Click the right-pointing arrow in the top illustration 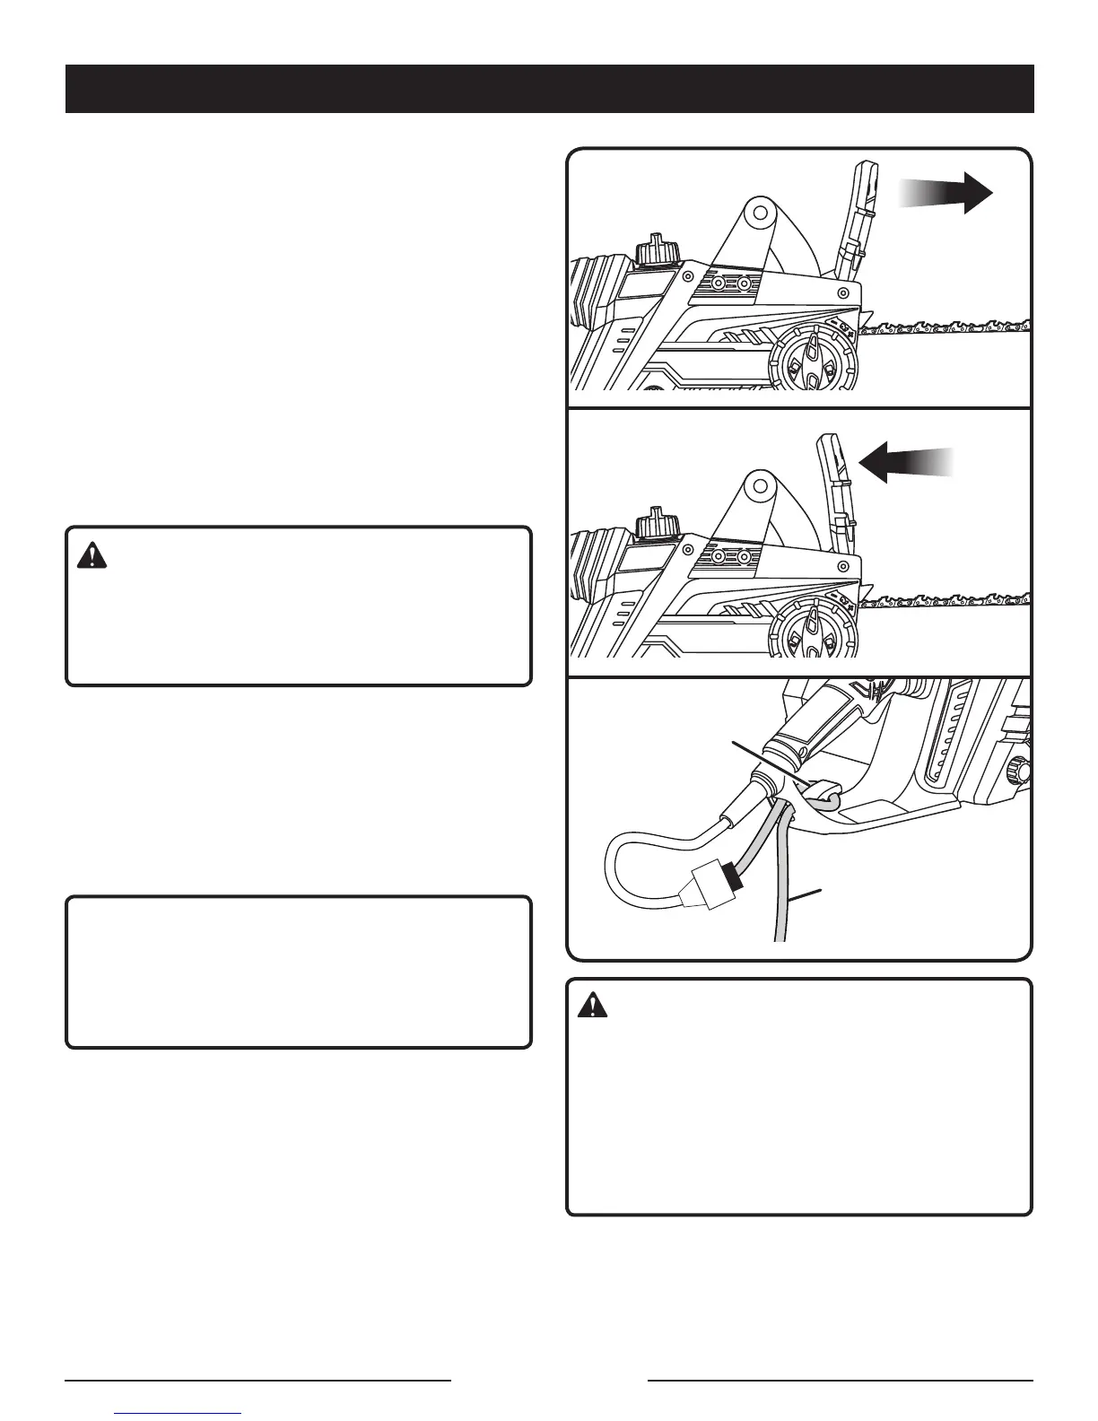click(x=951, y=194)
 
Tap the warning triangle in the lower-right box click(x=591, y=1007)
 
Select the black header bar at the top click(x=549, y=89)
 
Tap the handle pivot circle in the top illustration click(x=759, y=213)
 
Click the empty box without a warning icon click(x=299, y=972)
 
